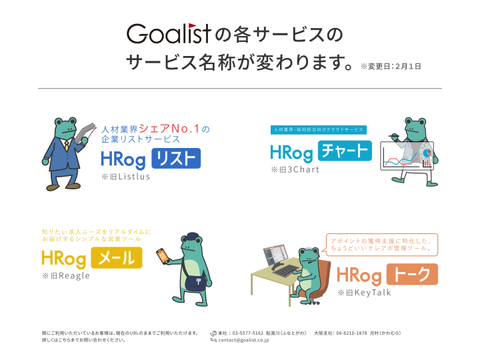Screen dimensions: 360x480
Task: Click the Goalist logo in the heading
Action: tap(169, 33)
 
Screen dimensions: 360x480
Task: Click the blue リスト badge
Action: tap(176, 158)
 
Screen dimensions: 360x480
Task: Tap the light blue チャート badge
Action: tap(344, 151)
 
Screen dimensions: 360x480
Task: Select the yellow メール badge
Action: tap(117, 257)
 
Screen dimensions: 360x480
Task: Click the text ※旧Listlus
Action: tap(126, 177)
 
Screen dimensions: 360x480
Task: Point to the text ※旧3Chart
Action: tap(295, 169)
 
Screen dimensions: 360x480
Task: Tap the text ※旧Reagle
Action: tap(65, 275)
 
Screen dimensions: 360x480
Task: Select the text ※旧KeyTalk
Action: tap(364, 292)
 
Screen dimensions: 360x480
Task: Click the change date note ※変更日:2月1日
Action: tap(391, 66)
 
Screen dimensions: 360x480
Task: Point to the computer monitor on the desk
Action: tap(275, 257)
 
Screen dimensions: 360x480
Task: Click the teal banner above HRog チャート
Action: tap(318, 130)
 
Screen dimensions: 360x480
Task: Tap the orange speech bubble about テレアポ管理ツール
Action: tap(381, 243)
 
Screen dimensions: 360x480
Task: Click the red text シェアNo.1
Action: tap(174, 129)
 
